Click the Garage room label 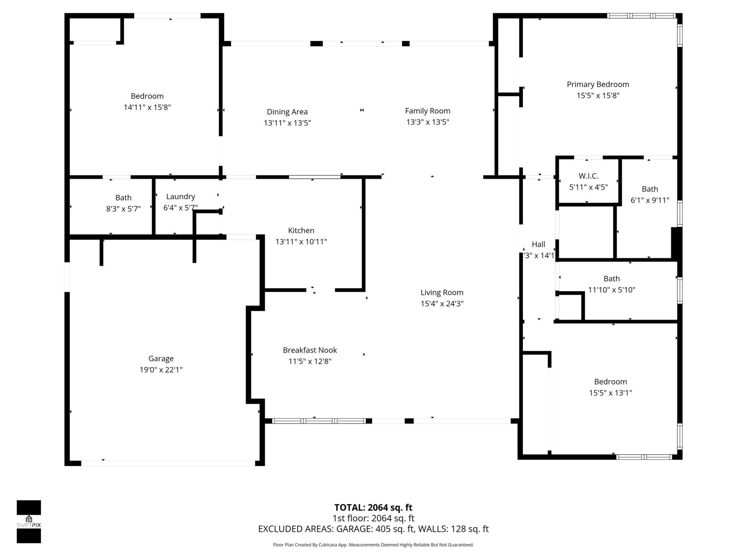(161, 359)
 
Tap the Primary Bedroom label (598, 84)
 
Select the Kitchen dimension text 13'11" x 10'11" (301, 241)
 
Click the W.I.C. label (588, 176)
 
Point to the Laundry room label (181, 196)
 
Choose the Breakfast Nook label (310, 350)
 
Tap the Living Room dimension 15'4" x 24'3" (442, 304)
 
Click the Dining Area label (287, 112)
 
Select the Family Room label (428, 111)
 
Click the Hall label (538, 244)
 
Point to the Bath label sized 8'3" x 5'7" (123, 198)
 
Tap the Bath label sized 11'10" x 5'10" (611, 278)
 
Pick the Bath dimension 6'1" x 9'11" (650, 200)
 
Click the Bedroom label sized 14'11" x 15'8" (147, 96)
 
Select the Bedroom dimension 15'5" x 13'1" (610, 393)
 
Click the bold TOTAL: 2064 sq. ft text (373, 507)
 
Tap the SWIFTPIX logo (29, 521)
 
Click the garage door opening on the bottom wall (168, 463)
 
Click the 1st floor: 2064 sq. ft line (373, 518)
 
